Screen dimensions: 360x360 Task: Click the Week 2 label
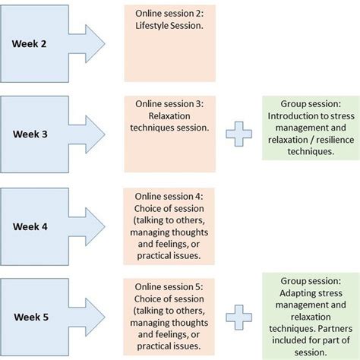pyautogui.click(x=29, y=43)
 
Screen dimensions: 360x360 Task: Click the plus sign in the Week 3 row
pyautogui.click(x=239, y=134)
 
